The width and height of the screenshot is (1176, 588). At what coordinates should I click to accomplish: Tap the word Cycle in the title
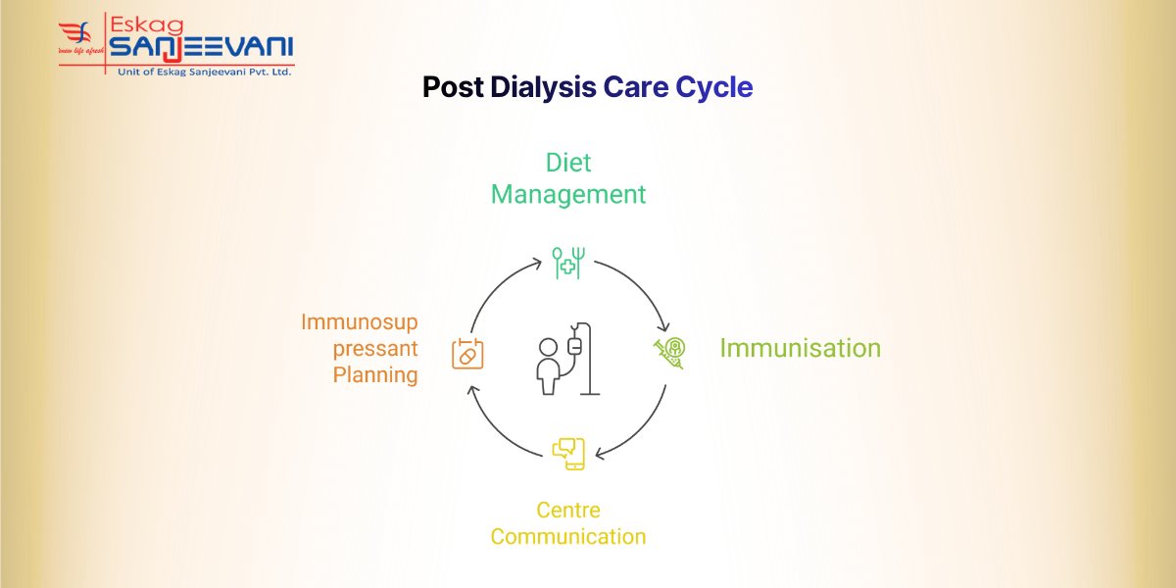(714, 87)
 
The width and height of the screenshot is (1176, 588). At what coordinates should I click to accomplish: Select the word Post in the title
(453, 87)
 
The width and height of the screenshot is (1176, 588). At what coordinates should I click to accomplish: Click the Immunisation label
(800, 348)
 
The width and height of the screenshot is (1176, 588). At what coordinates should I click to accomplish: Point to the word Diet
(568, 162)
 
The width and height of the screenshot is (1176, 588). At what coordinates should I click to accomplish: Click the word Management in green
(568, 194)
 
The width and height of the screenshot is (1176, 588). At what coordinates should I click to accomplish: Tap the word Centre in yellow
(568, 511)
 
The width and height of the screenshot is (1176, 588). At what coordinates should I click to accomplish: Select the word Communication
(568, 537)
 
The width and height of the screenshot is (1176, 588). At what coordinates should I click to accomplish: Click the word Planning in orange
(375, 374)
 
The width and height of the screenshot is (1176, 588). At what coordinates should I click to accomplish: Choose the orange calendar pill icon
(467, 353)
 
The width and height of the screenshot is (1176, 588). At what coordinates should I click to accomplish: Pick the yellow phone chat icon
(568, 452)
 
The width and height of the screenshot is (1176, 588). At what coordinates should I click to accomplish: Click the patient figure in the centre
(549, 365)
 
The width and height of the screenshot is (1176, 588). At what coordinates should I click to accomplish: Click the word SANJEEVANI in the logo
(201, 46)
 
